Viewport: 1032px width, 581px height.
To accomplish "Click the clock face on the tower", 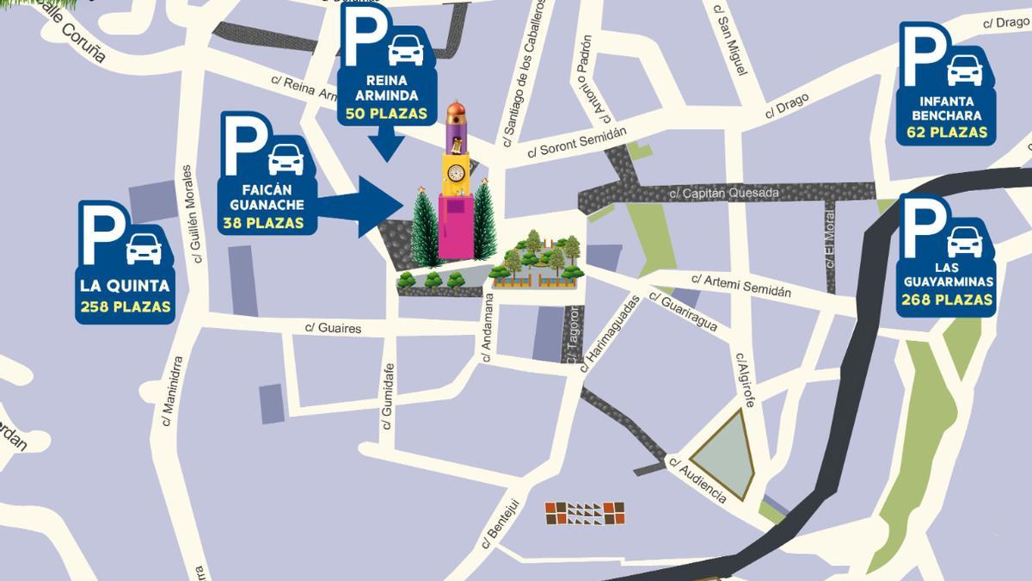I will tap(455, 173).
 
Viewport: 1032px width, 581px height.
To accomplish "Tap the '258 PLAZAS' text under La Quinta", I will tap(125, 306).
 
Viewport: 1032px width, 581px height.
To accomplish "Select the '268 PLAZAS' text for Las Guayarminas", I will tap(948, 300).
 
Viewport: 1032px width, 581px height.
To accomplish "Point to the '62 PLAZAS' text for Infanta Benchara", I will tap(946, 133).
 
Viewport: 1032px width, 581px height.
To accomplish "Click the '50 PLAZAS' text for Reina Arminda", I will tap(386, 114).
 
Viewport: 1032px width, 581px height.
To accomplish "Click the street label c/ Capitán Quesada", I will tap(724, 194).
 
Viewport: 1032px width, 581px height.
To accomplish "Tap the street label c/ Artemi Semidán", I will tap(740, 286).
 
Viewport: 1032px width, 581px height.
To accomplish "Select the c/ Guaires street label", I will tap(334, 328).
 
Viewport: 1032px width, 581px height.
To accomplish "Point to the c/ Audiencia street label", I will tap(697, 479).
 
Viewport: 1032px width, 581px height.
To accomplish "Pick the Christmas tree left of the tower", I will tap(425, 228).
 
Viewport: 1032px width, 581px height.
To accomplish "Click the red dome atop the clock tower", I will tap(456, 111).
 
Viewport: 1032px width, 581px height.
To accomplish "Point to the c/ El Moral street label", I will tap(830, 246).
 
